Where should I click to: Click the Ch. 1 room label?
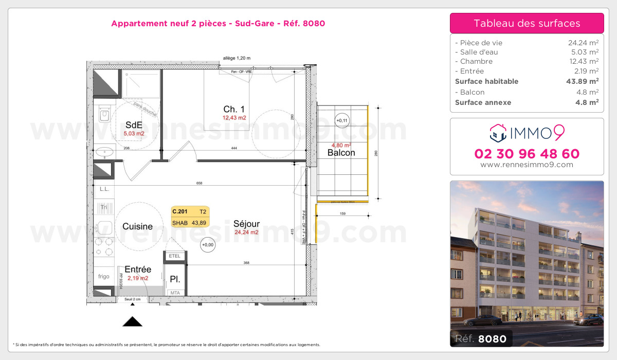234,109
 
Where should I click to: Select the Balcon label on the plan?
341,153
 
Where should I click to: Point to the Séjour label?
246,224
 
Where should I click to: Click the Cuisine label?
137,226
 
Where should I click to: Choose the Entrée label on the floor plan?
138,269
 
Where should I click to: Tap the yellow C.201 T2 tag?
189,217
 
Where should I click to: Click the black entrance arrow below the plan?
133,322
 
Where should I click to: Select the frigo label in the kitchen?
104,276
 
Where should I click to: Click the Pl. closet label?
175,279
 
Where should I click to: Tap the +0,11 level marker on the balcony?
341,121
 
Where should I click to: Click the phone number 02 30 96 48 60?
527,154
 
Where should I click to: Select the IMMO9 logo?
527,133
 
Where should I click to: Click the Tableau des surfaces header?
527,23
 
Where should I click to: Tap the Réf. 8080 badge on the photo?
481,338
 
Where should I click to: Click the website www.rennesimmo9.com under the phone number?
527,165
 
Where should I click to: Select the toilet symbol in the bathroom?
104,114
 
